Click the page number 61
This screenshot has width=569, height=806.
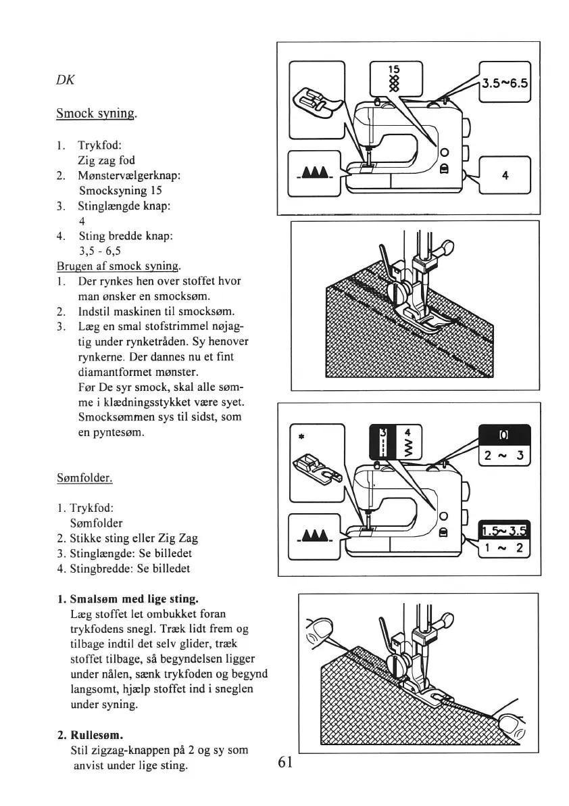pyautogui.click(x=284, y=763)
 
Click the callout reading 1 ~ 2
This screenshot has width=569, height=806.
pyautogui.click(x=505, y=548)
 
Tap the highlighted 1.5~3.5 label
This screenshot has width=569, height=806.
pyautogui.click(x=504, y=530)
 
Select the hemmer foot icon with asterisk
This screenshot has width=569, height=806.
pyautogui.click(x=316, y=463)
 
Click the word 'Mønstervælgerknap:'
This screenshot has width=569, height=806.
pyautogui.click(x=128, y=176)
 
